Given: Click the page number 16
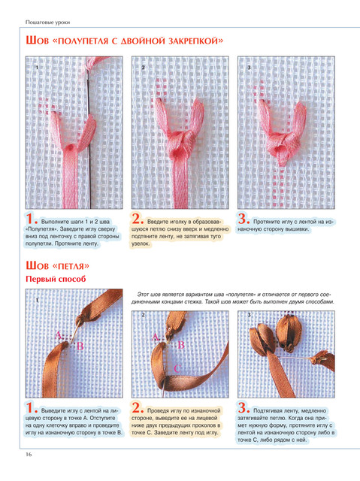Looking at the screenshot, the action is pyautogui.click(x=29, y=454).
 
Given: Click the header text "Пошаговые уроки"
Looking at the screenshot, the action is pyautogui.click(x=47, y=22).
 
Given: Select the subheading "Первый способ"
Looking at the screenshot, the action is pyautogui.click(x=56, y=279).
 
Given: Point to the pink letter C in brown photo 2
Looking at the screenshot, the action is pyautogui.click(x=177, y=368).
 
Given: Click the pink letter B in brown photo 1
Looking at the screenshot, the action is pyautogui.click(x=80, y=346).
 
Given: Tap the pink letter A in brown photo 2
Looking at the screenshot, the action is pyautogui.click(x=156, y=337).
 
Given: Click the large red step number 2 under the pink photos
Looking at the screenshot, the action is pyautogui.click(x=138, y=219).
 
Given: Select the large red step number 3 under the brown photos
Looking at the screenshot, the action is pyautogui.click(x=244, y=408).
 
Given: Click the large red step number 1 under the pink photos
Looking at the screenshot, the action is pyautogui.click(x=32, y=219).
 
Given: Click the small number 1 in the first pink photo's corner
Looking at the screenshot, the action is pyautogui.click(x=37, y=67).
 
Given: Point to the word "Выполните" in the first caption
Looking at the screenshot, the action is pyautogui.click(x=54, y=222).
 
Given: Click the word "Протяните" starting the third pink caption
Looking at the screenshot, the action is pyautogui.click(x=266, y=222).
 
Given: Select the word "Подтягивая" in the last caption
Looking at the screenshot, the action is pyautogui.click(x=267, y=410).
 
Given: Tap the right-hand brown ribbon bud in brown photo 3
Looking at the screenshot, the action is pyautogui.click(x=287, y=332).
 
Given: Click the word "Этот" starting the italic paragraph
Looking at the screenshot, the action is pyautogui.click(x=143, y=294).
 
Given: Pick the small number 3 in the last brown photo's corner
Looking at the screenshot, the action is pyautogui.click(x=249, y=315).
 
